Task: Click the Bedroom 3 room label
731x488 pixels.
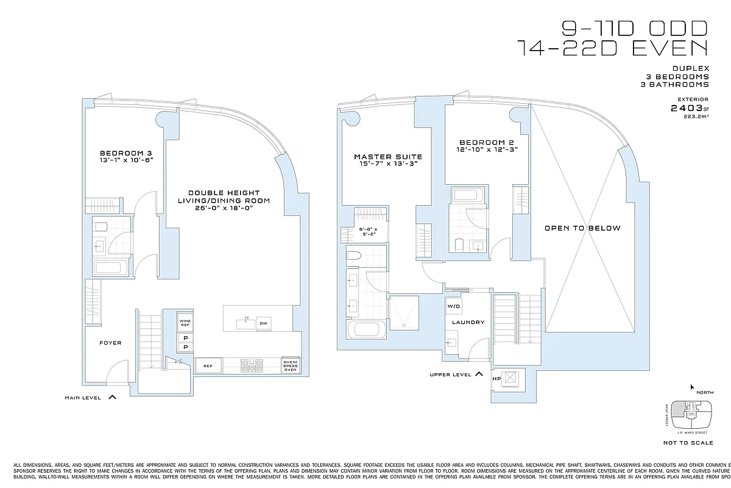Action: coord(126,152)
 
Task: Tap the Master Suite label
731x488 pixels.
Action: coord(388,157)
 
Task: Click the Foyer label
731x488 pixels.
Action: coord(110,343)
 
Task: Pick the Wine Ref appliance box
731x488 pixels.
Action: coord(185,322)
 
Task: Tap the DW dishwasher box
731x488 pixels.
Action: coord(263,323)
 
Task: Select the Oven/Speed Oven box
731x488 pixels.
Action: coord(291,365)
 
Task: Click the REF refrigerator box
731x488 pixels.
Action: coord(207,366)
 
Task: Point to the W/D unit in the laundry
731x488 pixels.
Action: coord(454,306)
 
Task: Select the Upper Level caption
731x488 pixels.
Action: coord(451,375)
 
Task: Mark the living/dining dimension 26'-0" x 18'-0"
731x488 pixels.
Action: coord(224,208)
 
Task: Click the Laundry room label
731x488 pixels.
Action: coord(468,322)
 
